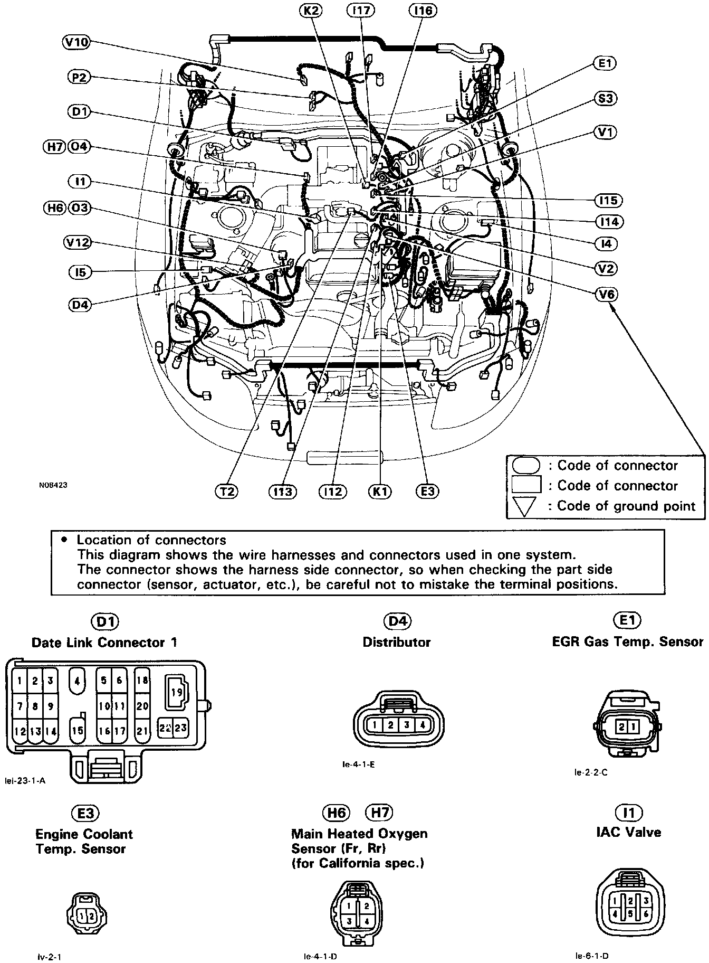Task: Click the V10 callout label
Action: (76, 42)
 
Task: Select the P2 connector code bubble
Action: (79, 77)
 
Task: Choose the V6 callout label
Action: (607, 294)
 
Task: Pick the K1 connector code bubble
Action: (380, 491)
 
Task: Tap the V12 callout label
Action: (77, 242)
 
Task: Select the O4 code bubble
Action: (79, 146)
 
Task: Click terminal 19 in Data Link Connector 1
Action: (177, 692)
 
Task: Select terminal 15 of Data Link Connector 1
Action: (78, 731)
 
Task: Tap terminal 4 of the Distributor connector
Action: (423, 725)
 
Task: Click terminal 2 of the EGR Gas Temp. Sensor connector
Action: (622, 727)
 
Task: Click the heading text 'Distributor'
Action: (397, 642)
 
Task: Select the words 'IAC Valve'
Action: (628, 833)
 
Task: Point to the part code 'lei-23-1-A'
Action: (23, 781)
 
